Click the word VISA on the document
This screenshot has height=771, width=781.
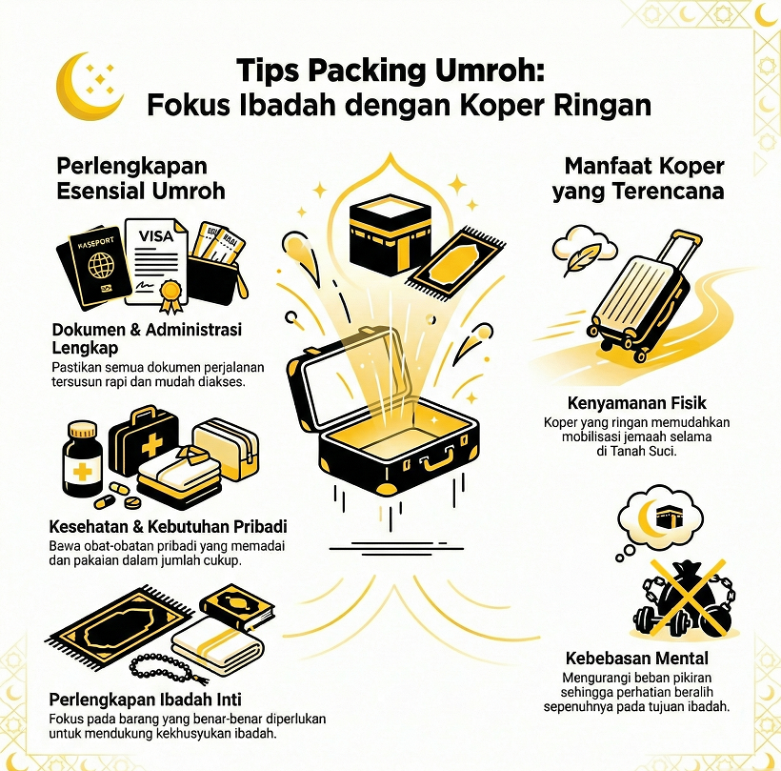(x=156, y=235)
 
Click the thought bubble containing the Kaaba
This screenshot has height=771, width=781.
(x=665, y=520)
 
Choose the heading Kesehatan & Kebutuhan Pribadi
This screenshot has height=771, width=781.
(x=168, y=526)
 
